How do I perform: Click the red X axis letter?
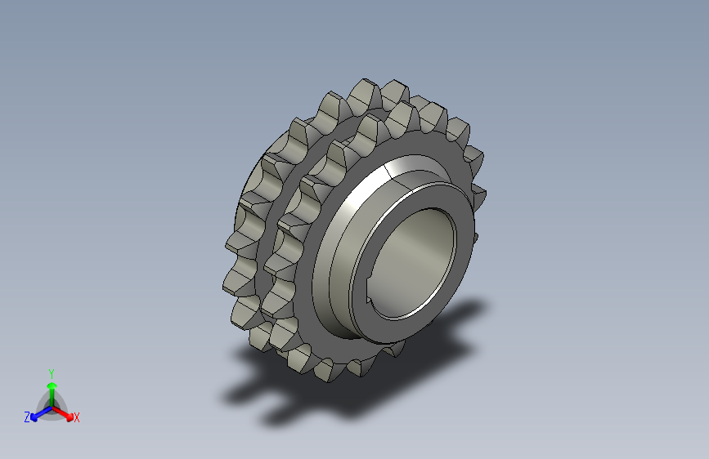(x=76, y=417)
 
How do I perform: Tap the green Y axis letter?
(x=52, y=374)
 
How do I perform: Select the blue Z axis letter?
(x=27, y=417)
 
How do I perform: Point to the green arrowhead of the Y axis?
(x=52, y=385)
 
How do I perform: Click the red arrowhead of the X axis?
(x=70, y=417)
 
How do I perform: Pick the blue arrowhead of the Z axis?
(x=34, y=417)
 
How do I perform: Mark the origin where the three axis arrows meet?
(x=52, y=408)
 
